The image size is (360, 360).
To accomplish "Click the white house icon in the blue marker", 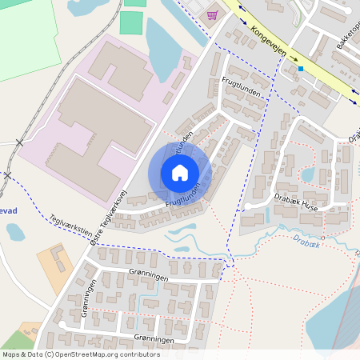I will click(180, 173).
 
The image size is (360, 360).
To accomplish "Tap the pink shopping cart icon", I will click(212, 14).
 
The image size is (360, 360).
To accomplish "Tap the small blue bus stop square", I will click(301, 69).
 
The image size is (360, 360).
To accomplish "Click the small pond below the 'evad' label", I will click(15, 232).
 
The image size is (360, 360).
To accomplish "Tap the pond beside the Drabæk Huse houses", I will click(307, 174).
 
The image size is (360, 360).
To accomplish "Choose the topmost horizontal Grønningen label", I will click(147, 274).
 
